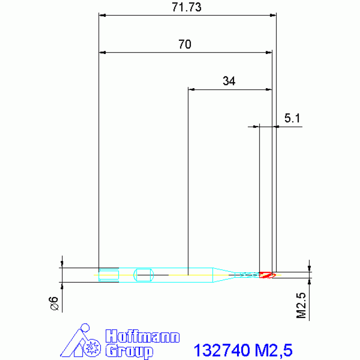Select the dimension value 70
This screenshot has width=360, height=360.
coord(185,45)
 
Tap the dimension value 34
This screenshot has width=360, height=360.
coord(229,81)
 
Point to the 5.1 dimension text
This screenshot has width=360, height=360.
coord(292,119)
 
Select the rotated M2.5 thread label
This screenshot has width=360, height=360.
coord(302,306)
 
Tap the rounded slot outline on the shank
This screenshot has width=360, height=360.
coord(144,275)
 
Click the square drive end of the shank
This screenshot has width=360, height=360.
coord(108,275)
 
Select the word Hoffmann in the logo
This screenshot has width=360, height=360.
coord(142,337)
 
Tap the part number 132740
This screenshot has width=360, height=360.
coord(222,350)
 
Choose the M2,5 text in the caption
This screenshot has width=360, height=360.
coord(273,350)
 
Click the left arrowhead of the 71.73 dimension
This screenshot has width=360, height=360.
coord(101,15)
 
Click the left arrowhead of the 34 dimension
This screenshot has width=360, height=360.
coord(191,89)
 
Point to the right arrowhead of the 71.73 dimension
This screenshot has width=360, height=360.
coord(273,15)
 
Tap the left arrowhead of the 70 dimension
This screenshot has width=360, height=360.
coord(101,52)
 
